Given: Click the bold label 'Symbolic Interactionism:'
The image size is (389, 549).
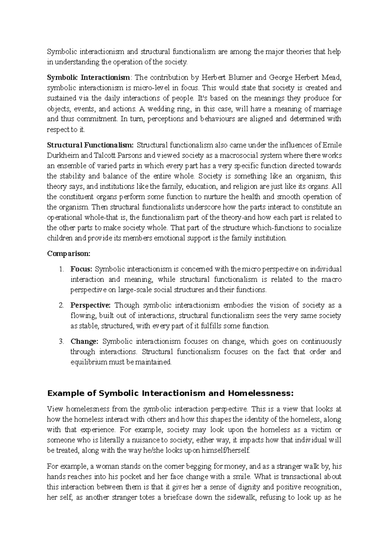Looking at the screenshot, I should point(89,77).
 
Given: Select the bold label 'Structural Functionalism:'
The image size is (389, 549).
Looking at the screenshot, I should point(90,145).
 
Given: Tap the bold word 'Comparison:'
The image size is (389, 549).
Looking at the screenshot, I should point(69,253).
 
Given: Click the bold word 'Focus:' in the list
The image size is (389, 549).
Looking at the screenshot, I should point(81,269).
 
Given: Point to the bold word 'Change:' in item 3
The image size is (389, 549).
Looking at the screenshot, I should point(84,341).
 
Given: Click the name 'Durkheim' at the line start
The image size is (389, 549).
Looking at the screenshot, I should point(61,155).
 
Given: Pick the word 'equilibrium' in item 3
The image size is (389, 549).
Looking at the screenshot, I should point(88,362).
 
